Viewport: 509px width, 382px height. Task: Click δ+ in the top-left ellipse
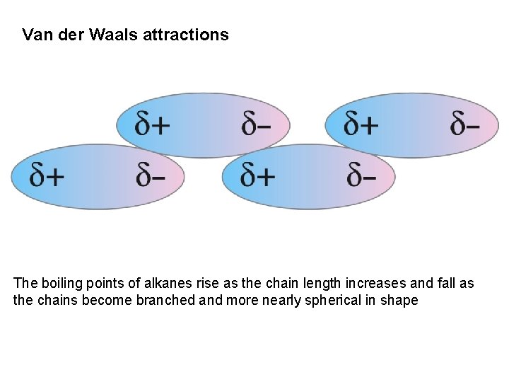(x=152, y=125)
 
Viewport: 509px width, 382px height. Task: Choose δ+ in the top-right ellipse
(x=361, y=125)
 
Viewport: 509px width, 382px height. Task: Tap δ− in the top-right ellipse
(x=464, y=125)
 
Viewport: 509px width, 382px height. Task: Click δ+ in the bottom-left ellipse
(x=47, y=175)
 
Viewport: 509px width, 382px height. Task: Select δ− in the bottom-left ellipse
(x=151, y=175)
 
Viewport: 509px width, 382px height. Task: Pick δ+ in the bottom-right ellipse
(x=258, y=175)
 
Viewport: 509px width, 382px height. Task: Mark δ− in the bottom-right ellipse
(x=361, y=175)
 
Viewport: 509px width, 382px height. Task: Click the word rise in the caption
(x=222, y=284)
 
